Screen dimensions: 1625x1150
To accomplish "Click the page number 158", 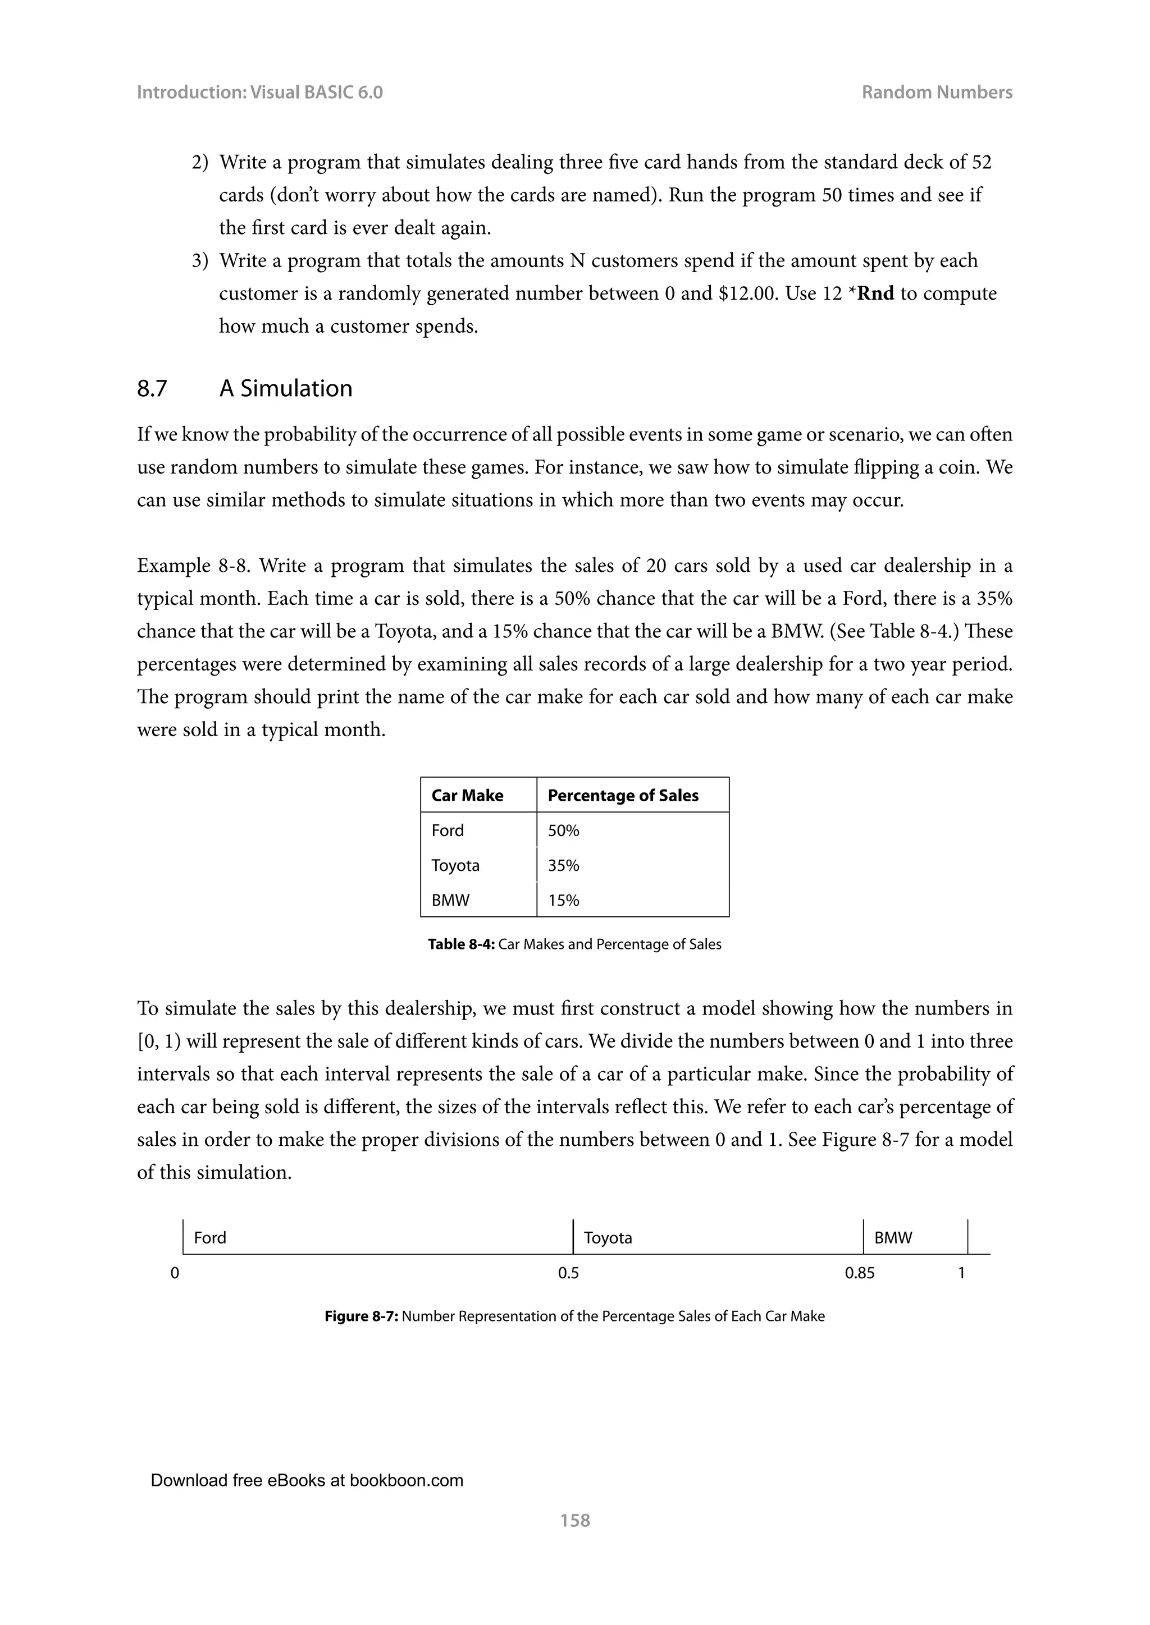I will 574,1520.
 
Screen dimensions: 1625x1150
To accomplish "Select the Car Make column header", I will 467,796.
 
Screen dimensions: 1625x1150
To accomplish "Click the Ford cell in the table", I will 448,830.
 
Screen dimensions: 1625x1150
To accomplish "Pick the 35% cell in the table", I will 563,866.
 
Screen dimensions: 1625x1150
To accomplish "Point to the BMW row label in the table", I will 450,900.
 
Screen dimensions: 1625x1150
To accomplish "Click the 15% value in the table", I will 563,900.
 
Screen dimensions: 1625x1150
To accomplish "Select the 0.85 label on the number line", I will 859,1273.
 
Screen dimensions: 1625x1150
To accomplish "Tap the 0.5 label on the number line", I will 568,1273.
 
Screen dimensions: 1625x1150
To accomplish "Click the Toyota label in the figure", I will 608,1238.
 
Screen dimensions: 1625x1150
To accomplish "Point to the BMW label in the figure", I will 893,1238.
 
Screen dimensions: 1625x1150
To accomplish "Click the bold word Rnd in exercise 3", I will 875,293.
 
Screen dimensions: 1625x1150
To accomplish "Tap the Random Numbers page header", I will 936,93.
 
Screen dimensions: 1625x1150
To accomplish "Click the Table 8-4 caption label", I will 461,944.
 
